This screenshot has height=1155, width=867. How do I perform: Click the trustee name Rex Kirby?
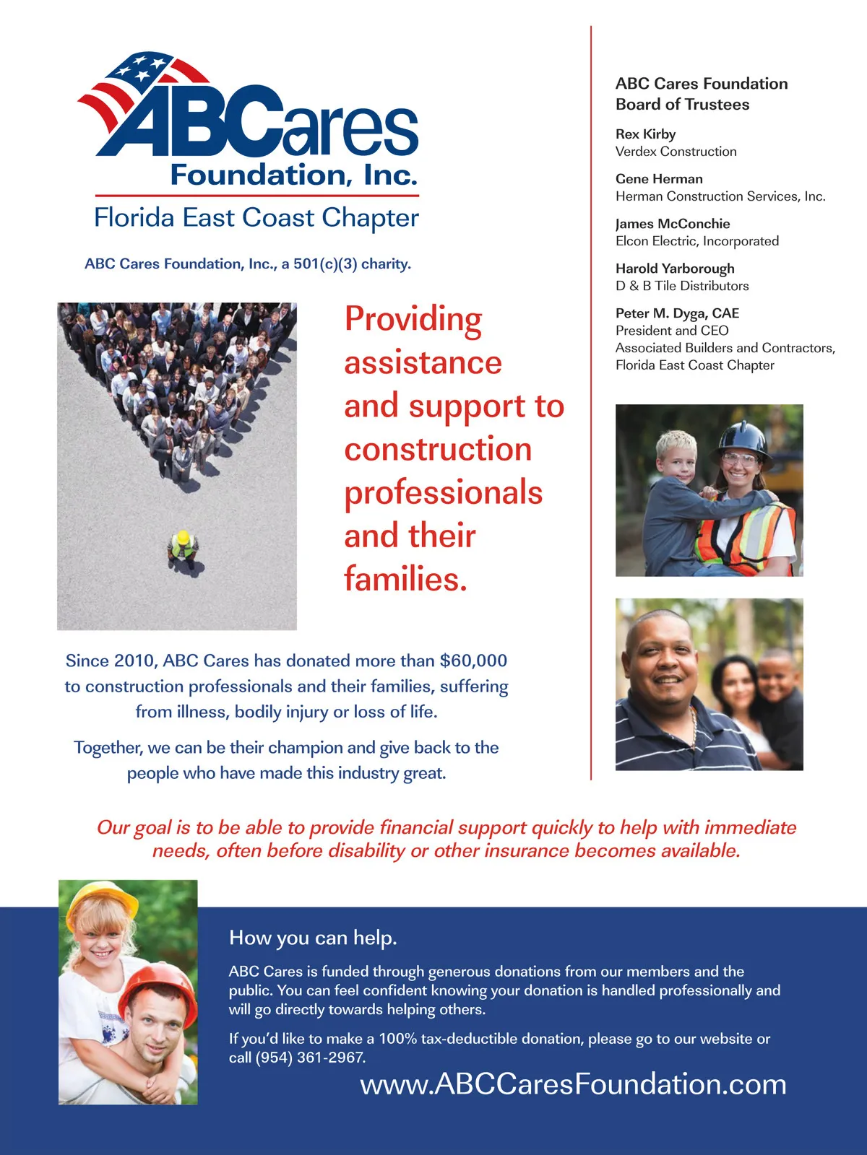point(645,134)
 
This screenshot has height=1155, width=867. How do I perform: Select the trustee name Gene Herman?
point(659,179)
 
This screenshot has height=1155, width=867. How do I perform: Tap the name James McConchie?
point(673,224)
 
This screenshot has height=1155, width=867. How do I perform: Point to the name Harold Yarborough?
point(675,269)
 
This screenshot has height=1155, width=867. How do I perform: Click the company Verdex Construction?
point(676,152)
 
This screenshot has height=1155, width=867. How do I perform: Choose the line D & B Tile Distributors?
point(682,286)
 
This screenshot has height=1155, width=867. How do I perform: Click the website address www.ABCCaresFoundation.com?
point(573,1084)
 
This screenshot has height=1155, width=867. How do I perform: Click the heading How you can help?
point(313,938)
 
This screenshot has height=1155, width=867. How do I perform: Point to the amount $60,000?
point(473,661)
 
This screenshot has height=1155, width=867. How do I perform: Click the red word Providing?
point(413,320)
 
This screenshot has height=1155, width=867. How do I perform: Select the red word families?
point(405,579)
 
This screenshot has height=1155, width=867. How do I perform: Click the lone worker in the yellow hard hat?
point(183,546)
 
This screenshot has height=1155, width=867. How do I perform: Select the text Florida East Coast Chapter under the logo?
point(256,218)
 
